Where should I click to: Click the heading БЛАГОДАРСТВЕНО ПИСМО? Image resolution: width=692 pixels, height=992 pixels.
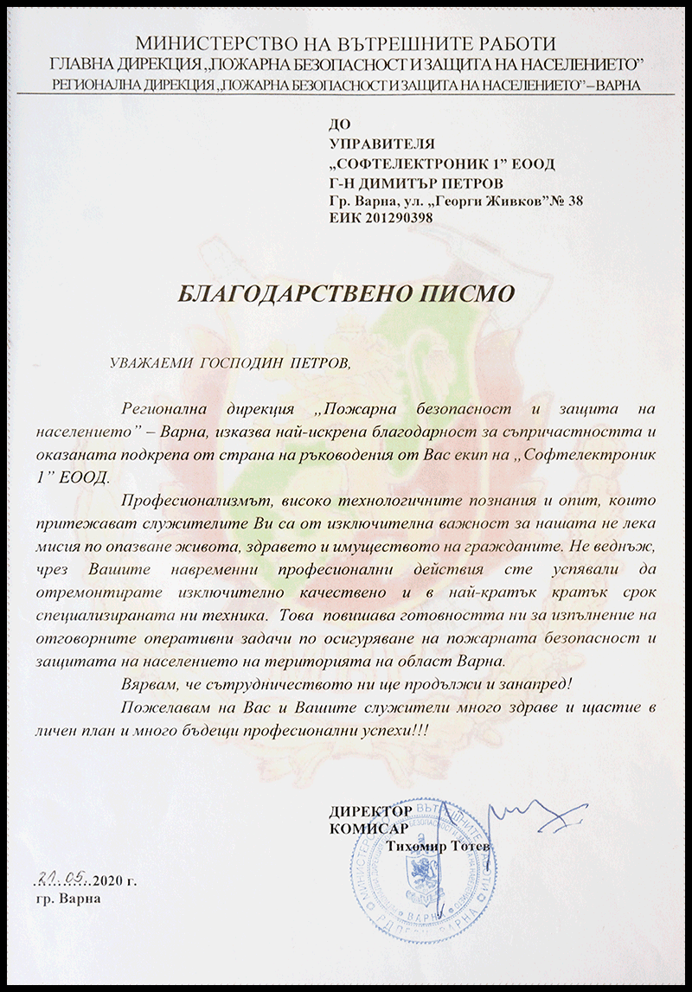345,292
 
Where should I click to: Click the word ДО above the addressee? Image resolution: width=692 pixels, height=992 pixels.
340,126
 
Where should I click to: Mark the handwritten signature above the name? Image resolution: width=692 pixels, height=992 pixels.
510,817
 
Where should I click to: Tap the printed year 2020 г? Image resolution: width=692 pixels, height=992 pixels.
115,882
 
